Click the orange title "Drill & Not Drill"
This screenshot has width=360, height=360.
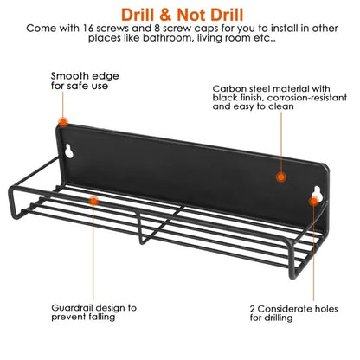tap(183, 15)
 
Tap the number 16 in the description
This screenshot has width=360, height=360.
tap(88, 29)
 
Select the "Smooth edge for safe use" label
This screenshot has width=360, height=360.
tap(85, 80)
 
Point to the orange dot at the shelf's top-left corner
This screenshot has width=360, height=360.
tap(62, 122)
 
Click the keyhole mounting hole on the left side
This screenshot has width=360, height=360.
tap(69, 151)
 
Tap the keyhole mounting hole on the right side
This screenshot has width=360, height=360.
tap(316, 192)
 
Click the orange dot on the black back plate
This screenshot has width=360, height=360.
tap(280, 177)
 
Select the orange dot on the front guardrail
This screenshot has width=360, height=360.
tap(93, 201)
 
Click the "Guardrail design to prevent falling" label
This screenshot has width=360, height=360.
tap(94, 312)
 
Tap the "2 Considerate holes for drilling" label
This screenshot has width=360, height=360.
tap(293, 313)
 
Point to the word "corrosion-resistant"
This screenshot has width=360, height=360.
tap(307, 98)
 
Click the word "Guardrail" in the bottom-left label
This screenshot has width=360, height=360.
tap(74, 308)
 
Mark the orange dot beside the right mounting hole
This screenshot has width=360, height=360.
tap(314, 201)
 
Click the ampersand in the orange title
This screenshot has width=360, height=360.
tap(165, 15)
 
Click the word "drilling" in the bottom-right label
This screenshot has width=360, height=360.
tap(280, 318)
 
